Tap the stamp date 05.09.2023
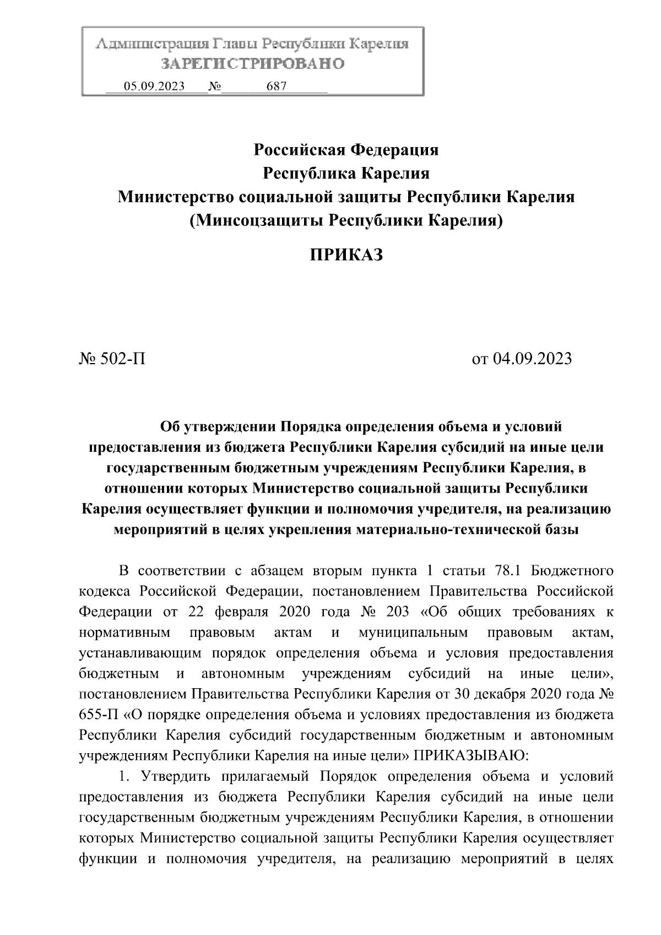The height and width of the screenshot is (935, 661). click(x=154, y=87)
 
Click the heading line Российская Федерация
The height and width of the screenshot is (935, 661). click(x=346, y=149)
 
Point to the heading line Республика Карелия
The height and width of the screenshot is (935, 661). click(x=346, y=174)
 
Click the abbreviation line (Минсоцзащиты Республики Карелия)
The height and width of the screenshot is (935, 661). click(x=346, y=221)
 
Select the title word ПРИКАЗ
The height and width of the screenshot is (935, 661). click(x=346, y=255)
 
